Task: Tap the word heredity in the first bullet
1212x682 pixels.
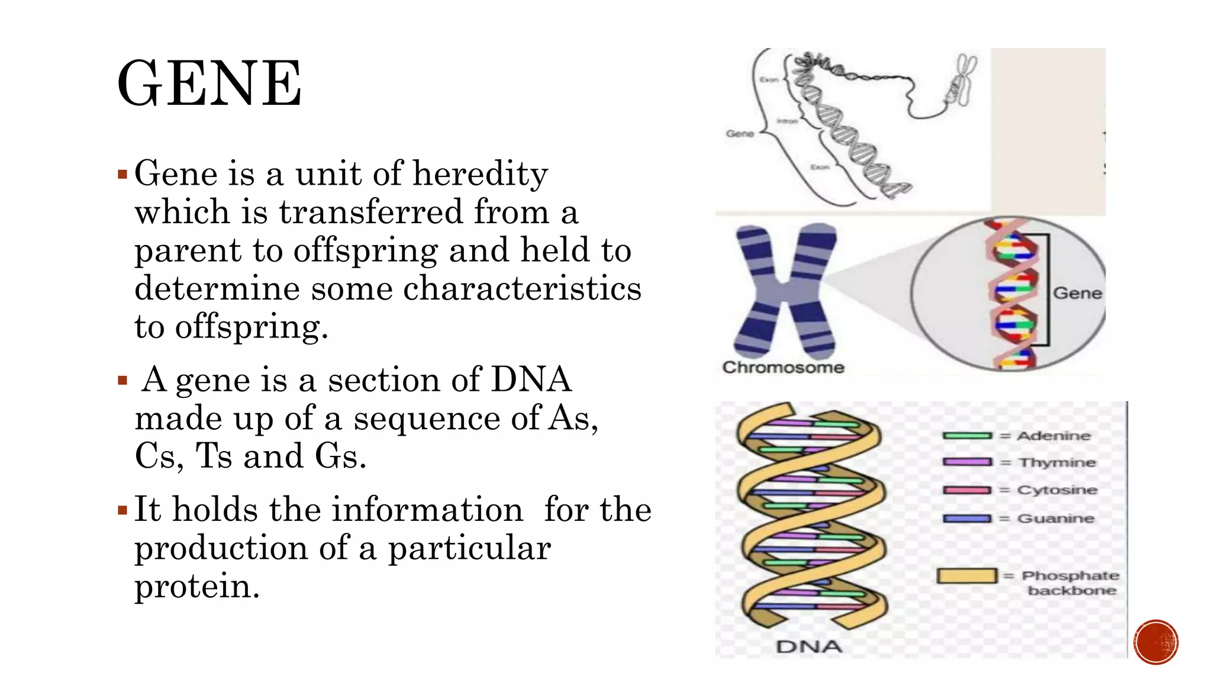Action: (480, 174)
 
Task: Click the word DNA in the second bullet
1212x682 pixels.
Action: (531, 379)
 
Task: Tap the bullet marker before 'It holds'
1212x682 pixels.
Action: (123, 510)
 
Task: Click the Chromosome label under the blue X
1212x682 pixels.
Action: (783, 368)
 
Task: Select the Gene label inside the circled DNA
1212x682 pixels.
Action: (1077, 294)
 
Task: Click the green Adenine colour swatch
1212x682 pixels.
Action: (967, 436)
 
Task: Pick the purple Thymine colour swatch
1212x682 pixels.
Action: (967, 462)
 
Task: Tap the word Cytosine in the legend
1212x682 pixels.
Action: (1057, 490)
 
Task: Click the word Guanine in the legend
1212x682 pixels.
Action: (1056, 519)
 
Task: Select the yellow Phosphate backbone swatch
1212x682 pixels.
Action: (967, 575)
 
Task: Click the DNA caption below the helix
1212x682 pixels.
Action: (808, 646)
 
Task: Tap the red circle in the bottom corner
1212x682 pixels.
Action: (1156, 642)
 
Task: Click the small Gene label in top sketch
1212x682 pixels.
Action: (740, 134)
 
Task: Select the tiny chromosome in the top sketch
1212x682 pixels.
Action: (963, 80)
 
